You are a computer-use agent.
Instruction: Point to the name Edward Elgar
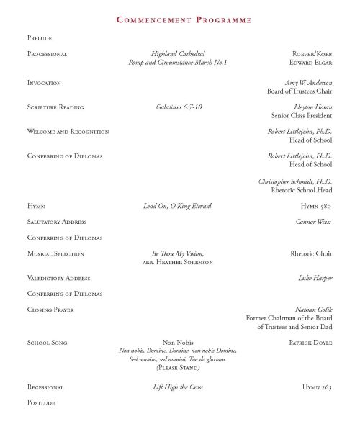pyautogui.click(x=312, y=63)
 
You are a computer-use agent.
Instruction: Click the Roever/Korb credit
pyautogui.click(x=312, y=54)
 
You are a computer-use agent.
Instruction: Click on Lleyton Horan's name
pyautogui.click(x=314, y=107)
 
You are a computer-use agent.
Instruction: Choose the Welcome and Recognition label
pyautogui.click(x=68, y=132)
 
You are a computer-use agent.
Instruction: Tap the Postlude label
pyautogui.click(x=40, y=403)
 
